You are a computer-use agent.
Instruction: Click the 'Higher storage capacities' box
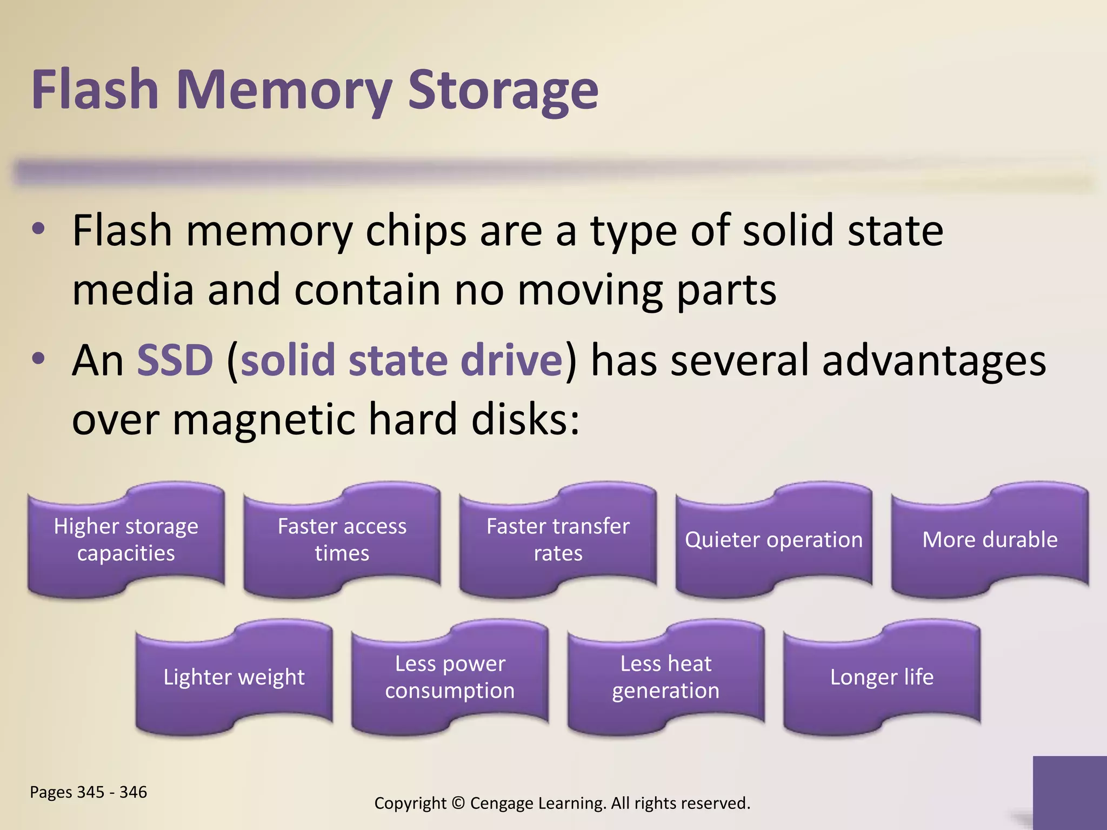[x=126, y=540]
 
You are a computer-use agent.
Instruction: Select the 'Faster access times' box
[x=342, y=540]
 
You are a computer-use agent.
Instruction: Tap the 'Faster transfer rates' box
[x=558, y=540]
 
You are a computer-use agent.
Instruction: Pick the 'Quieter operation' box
[x=773, y=540]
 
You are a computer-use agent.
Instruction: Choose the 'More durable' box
[x=990, y=540]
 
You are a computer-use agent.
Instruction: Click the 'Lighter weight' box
[x=234, y=677]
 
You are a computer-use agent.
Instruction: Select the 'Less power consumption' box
[x=450, y=677]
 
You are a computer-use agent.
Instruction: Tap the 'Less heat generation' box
[x=666, y=677]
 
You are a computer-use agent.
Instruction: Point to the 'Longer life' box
[x=882, y=677]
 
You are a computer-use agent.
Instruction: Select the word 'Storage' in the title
[x=503, y=91]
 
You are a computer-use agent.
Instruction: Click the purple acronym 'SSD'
[x=175, y=360]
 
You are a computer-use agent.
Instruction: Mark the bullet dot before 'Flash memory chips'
[x=38, y=229]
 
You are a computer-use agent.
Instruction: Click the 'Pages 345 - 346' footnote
[x=88, y=792]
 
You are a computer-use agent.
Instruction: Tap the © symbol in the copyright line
[x=458, y=803]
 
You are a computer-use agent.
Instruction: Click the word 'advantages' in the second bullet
[x=933, y=360]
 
